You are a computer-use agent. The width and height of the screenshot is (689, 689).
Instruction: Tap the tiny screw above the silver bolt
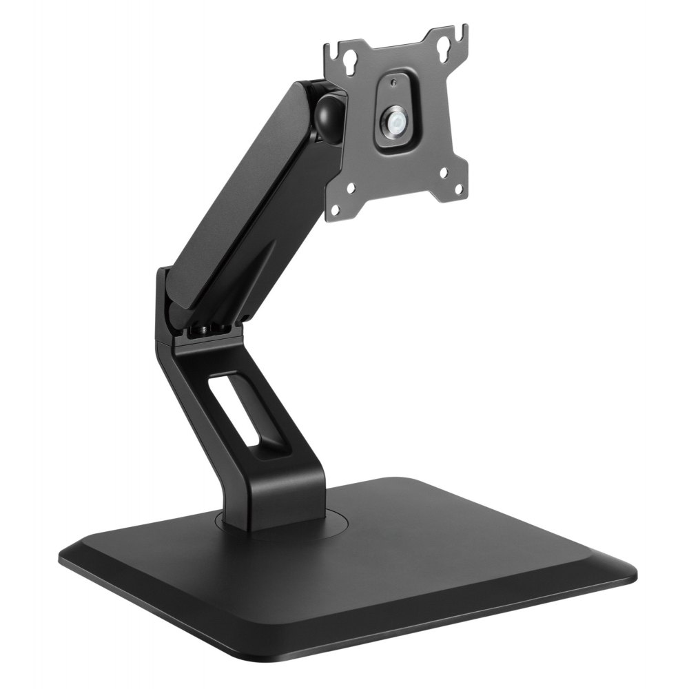(393, 83)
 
